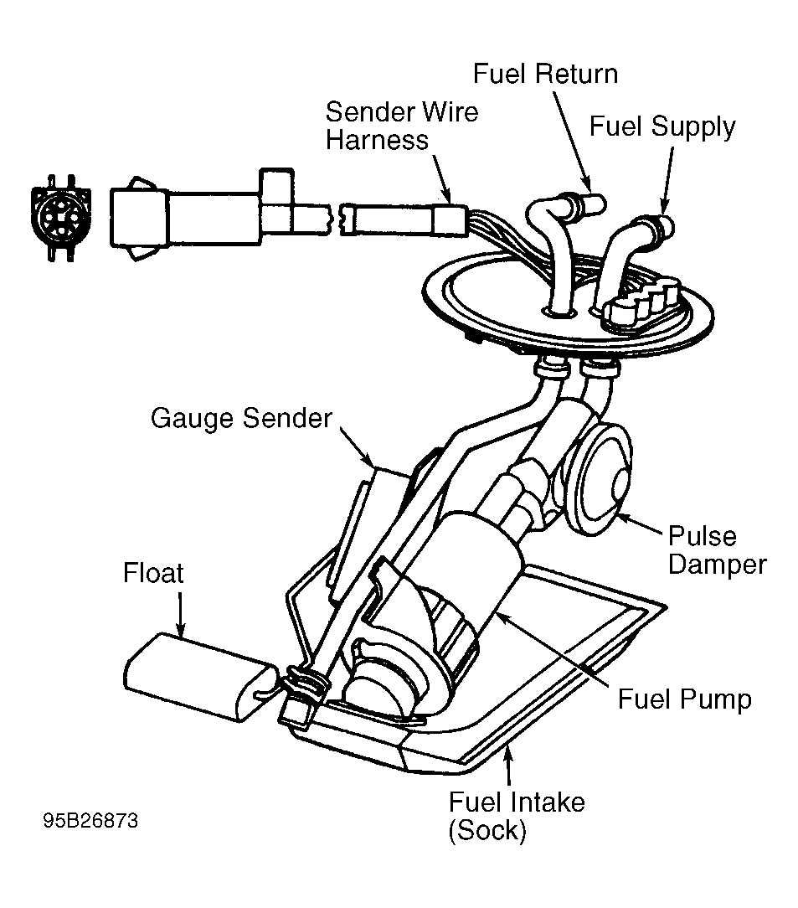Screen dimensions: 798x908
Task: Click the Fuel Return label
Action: [545, 74]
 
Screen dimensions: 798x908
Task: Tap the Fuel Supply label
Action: [662, 126]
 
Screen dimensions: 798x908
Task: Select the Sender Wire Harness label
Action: [402, 126]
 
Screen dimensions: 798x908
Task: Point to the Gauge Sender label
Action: [241, 419]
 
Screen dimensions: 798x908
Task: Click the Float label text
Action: [153, 573]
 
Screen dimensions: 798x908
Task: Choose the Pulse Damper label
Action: [717, 550]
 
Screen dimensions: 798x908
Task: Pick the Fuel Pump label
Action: [685, 699]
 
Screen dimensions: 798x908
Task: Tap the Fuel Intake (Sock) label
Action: [517, 817]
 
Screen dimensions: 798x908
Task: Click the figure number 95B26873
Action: [90, 821]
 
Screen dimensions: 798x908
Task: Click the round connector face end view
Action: [61, 219]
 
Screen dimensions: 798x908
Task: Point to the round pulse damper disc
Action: [598, 479]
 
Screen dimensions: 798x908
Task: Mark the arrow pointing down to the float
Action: [181, 614]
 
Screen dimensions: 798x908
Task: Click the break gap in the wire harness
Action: [335, 220]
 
